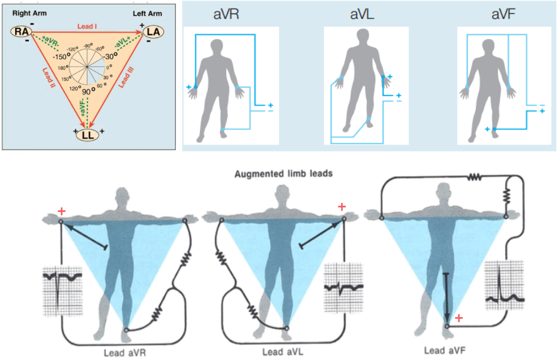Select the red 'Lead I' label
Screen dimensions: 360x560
87,26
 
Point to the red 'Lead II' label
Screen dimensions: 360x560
47,79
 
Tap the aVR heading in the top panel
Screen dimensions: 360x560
226,15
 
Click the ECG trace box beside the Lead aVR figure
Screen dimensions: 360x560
63,291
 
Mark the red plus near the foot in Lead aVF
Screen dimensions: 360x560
459,319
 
